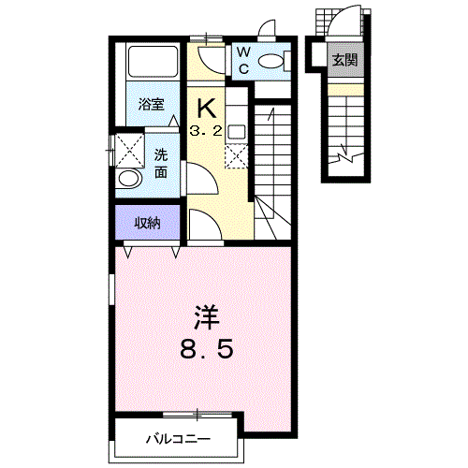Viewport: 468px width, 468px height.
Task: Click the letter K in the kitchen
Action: tap(207, 107)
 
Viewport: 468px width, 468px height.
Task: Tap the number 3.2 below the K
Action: tap(206, 132)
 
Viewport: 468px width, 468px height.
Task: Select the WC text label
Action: tap(241, 60)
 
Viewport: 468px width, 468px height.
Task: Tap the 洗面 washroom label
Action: tap(160, 163)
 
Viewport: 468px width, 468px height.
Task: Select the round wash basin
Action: tap(129, 178)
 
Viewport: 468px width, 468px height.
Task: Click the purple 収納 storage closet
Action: tap(146, 222)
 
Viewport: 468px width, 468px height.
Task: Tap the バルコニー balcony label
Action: tap(178, 438)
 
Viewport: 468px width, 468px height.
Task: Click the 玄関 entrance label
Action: tap(344, 61)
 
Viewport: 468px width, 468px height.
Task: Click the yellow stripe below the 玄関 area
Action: tap(344, 89)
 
